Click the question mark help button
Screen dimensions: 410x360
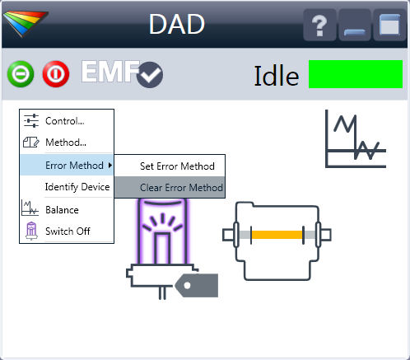point(319,25)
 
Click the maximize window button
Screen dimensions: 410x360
point(389,25)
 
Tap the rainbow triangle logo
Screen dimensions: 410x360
point(26,23)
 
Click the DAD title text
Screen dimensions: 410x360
point(177,24)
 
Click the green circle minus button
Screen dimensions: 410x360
point(21,74)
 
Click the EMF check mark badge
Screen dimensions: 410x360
point(150,75)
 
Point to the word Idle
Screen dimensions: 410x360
point(277,76)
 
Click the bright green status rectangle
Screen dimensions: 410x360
point(356,74)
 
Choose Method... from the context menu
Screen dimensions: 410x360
point(67,143)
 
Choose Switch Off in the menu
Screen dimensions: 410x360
point(67,231)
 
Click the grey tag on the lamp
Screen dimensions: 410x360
point(197,285)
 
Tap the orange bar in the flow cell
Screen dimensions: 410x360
point(277,235)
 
